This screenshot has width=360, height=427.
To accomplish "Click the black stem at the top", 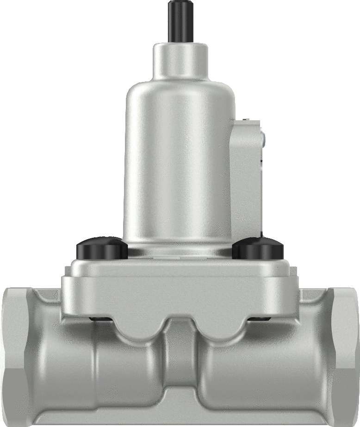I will pyautogui.click(x=180, y=21).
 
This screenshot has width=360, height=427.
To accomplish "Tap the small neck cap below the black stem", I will pyautogui.click(x=180, y=60).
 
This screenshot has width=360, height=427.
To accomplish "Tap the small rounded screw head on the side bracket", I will pyautogui.click(x=263, y=137).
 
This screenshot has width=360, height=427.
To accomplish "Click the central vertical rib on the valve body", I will pyautogui.click(x=180, y=356).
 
